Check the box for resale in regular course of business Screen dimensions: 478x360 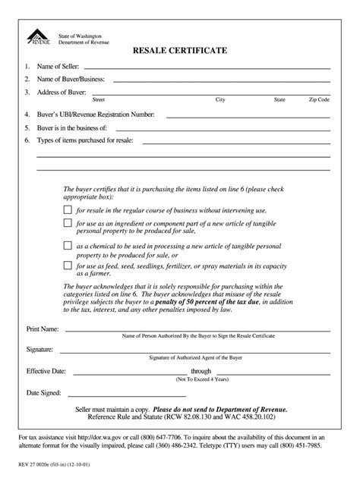pyautogui.click(x=68, y=209)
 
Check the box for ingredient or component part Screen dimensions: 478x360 pyautogui.click(x=68, y=223)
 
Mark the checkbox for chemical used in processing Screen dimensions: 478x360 pyautogui.click(x=68, y=246)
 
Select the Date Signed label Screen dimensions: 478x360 pyautogui.click(x=45, y=393)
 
